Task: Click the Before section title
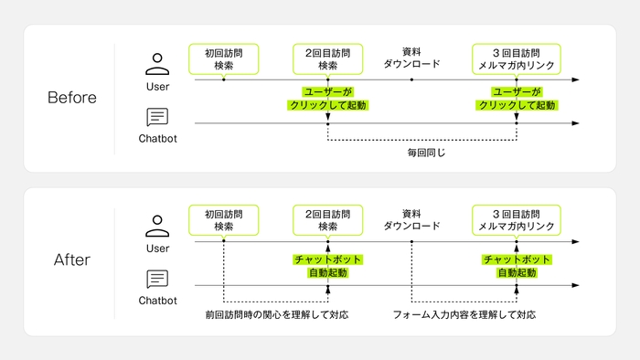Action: click(71, 98)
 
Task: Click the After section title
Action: click(71, 260)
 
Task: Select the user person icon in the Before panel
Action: click(158, 64)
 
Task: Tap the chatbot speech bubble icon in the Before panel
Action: click(158, 118)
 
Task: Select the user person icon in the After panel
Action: click(158, 226)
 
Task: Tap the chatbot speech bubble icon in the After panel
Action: click(158, 280)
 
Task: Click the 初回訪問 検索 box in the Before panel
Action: click(223, 59)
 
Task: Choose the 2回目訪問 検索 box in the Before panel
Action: click(327, 59)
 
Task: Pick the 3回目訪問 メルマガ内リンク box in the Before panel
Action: click(517, 59)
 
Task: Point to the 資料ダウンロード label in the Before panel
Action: click(411, 58)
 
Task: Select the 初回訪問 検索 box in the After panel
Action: click(223, 220)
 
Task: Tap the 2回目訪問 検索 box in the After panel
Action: click(327, 220)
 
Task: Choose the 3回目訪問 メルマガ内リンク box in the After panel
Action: click(517, 220)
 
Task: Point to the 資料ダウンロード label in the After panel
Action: click(411, 219)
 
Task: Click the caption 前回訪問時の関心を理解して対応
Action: click(276, 314)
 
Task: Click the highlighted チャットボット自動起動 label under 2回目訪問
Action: click(327, 266)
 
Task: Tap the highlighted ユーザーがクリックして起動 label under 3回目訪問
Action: click(517, 99)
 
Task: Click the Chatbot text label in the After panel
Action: click(158, 300)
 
